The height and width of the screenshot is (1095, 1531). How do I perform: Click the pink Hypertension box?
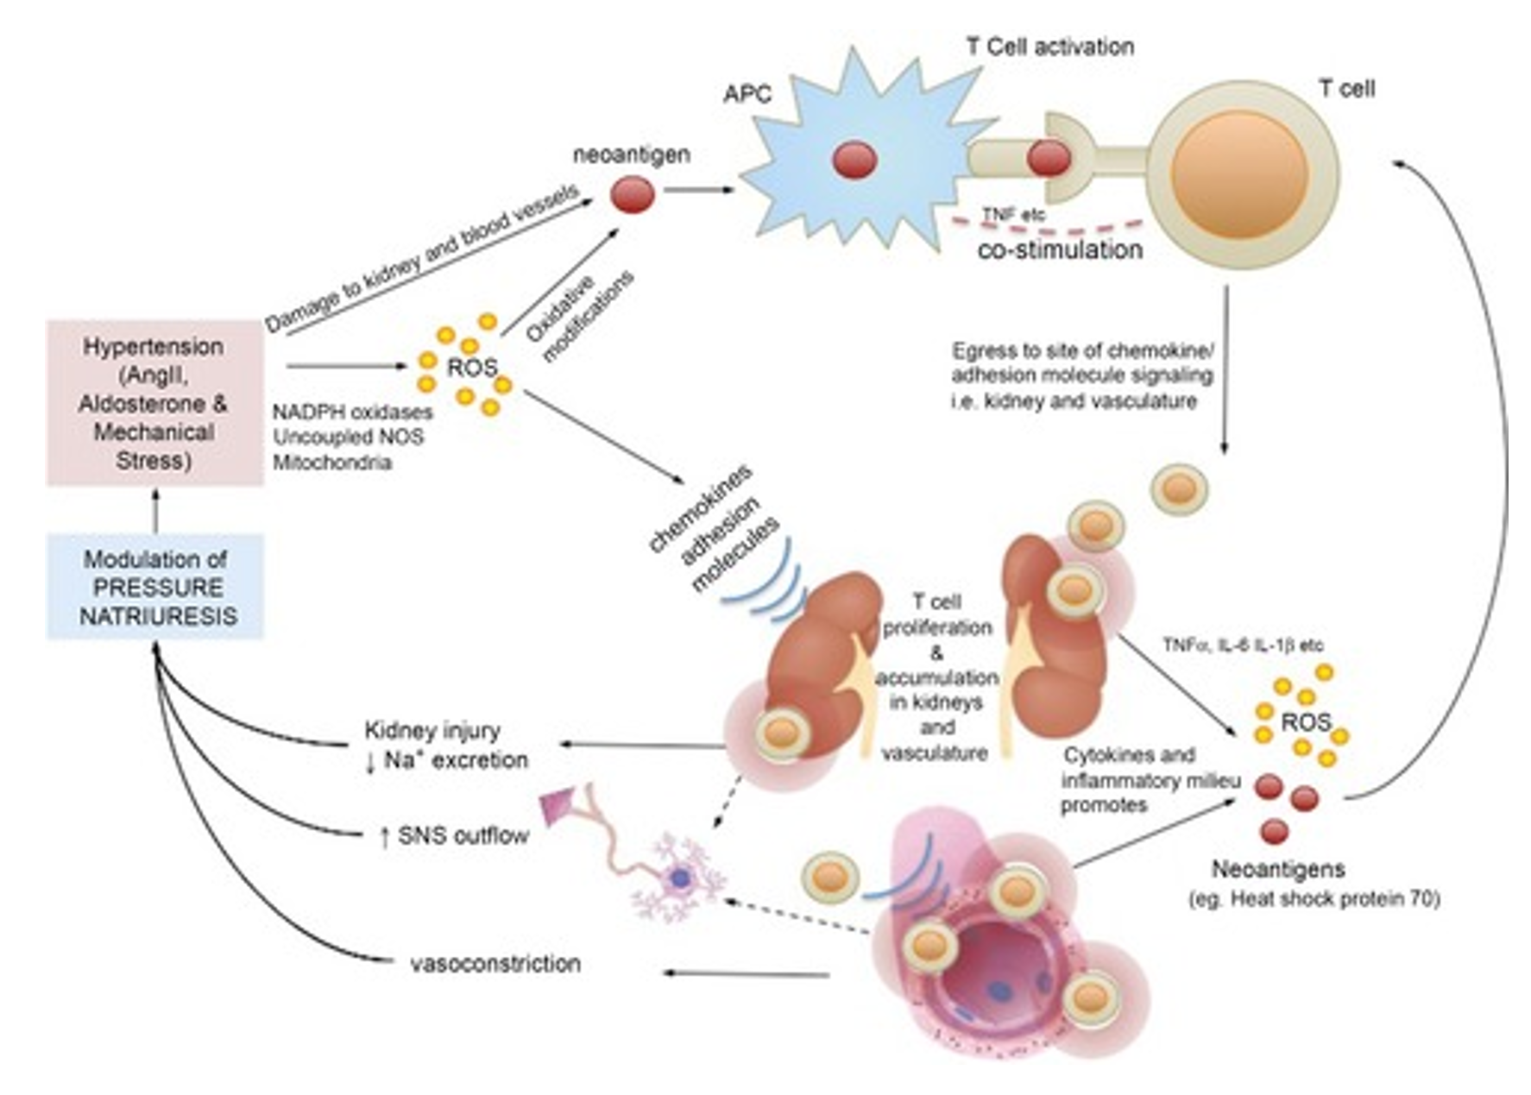154,403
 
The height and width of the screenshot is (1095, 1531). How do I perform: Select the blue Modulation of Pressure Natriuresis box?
154,587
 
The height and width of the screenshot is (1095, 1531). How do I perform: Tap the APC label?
747,94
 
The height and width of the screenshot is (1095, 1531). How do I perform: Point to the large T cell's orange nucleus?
1239,174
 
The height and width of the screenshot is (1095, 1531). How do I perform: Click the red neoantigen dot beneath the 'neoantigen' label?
633,195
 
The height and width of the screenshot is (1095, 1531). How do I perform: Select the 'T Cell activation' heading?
1049,47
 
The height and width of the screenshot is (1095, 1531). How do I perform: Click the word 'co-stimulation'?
1060,250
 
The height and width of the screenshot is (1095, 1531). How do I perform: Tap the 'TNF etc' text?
1013,214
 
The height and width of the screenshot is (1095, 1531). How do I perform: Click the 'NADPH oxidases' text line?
353,412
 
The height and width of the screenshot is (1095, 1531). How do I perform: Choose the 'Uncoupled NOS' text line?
348,437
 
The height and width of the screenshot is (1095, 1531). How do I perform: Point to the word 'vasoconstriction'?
495,963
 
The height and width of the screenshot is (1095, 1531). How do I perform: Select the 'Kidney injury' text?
432,731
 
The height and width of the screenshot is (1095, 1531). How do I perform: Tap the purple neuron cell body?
681,878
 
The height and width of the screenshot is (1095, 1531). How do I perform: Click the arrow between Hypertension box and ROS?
345,366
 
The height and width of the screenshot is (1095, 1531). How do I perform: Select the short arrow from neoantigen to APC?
698,190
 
